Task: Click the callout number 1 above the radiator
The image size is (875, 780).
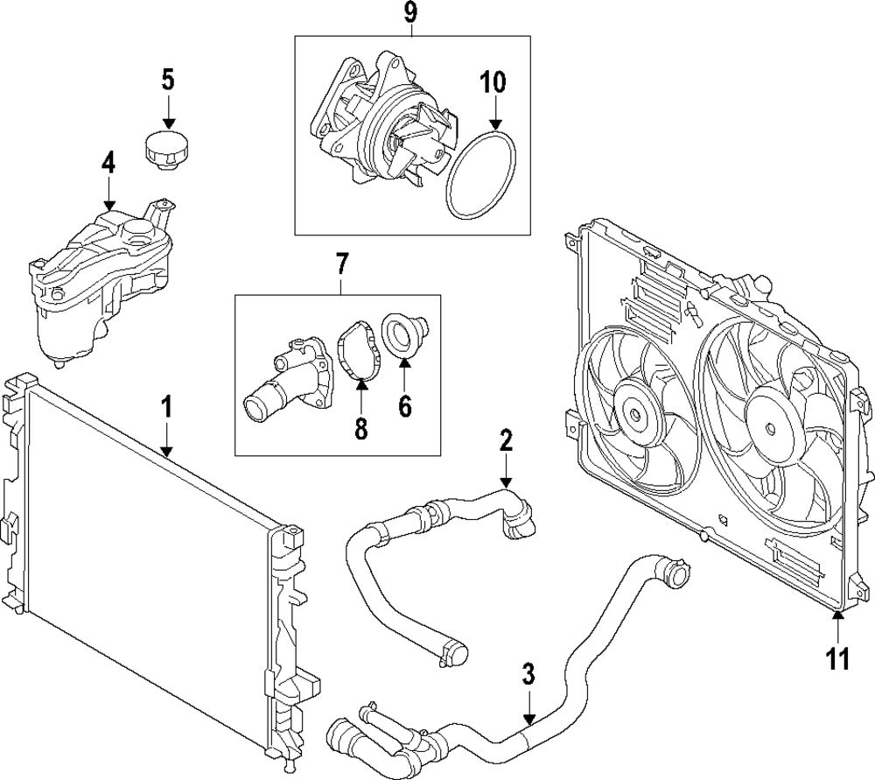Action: pyautogui.click(x=166, y=408)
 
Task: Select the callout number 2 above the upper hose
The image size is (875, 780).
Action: pyautogui.click(x=506, y=441)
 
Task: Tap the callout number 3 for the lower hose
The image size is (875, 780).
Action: pyautogui.click(x=528, y=675)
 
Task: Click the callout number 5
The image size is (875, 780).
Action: pyautogui.click(x=168, y=80)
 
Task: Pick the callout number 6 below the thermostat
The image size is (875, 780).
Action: pyautogui.click(x=405, y=406)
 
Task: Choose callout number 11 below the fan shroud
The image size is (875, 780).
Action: pyautogui.click(x=837, y=658)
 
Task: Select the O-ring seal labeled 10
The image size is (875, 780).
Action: pyautogui.click(x=480, y=174)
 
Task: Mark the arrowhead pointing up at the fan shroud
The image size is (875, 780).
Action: pyautogui.click(x=837, y=615)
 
